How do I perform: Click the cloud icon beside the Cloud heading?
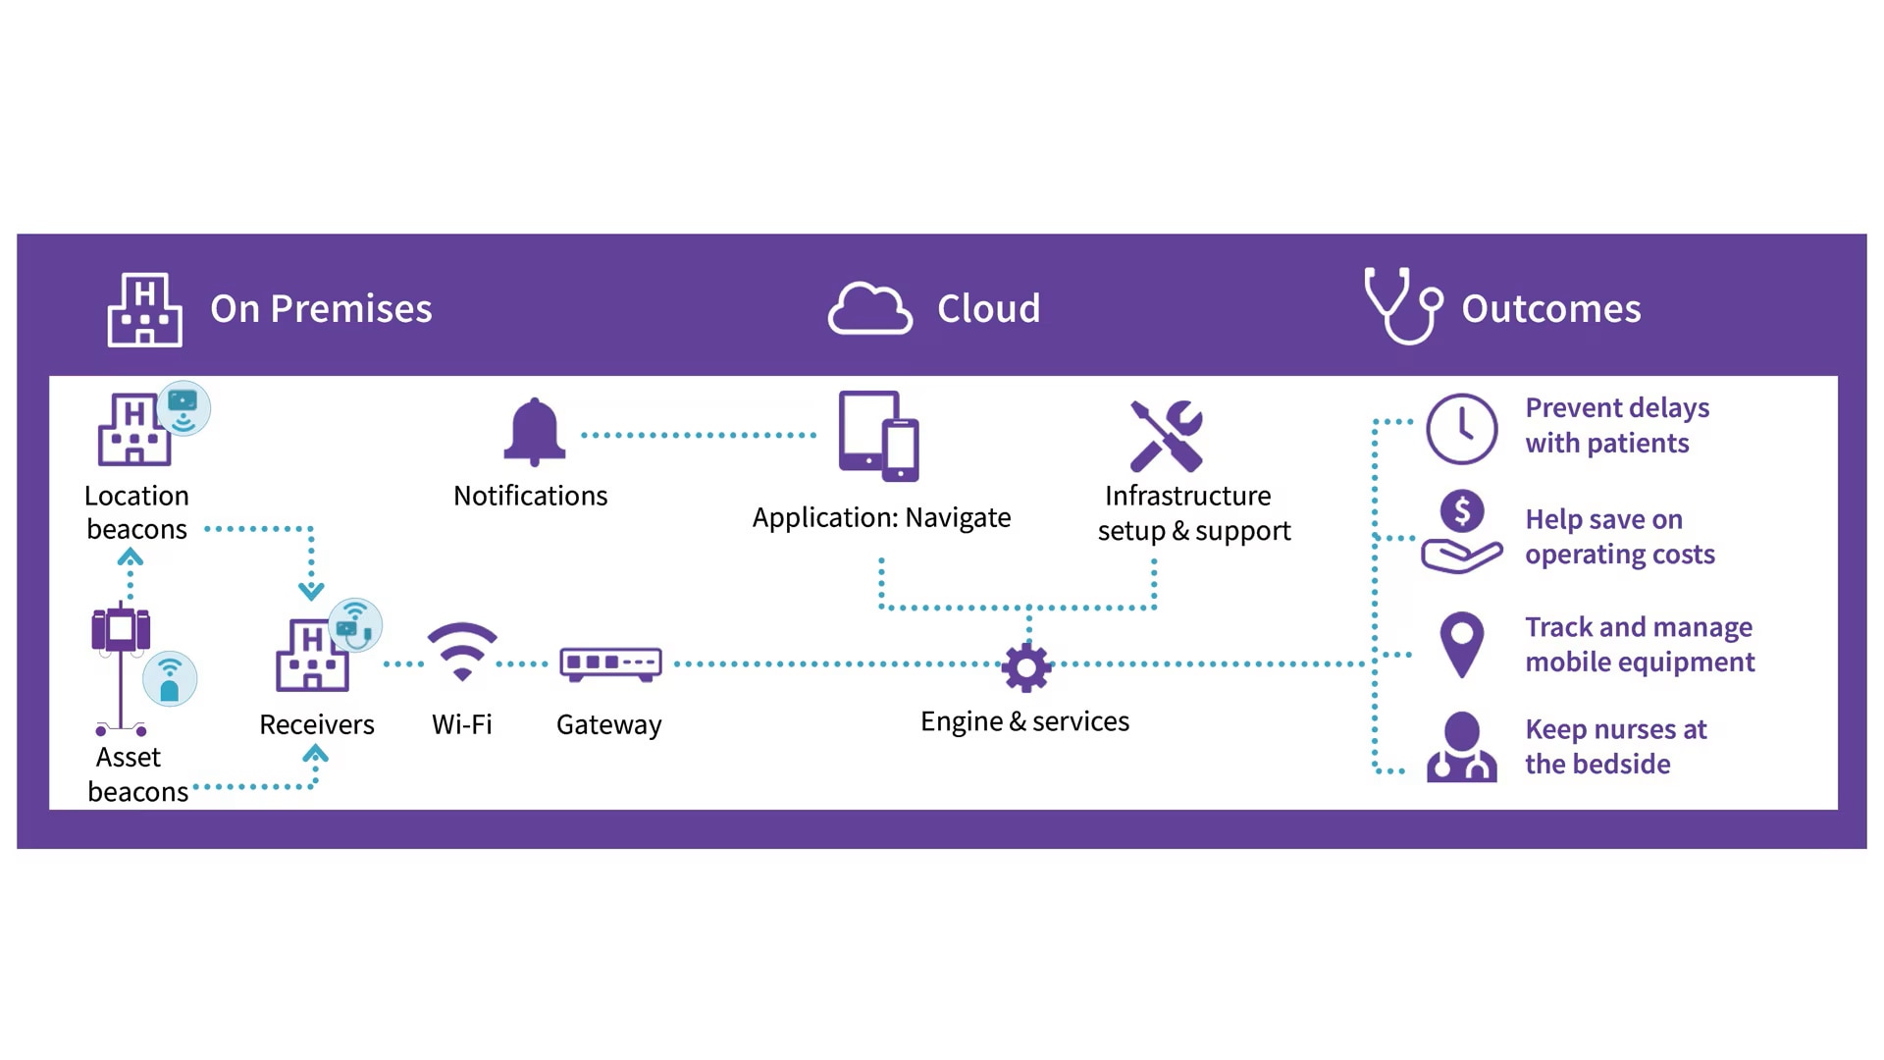pos(869,309)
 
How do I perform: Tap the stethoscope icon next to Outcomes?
pos(1403,305)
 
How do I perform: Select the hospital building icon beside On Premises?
pos(144,309)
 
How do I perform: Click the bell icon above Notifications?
pos(535,432)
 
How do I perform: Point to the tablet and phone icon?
pos(879,436)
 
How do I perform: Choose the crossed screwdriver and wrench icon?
pos(1166,436)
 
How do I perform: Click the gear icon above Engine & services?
pos(1026,667)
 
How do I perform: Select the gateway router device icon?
pos(610,663)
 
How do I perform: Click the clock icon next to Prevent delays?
pos(1461,429)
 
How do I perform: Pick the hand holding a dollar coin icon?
pos(1461,532)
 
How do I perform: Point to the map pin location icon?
pos(1461,644)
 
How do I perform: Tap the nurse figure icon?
pos(1461,747)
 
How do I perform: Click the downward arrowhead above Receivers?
pos(311,591)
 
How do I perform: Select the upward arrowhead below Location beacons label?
pos(131,558)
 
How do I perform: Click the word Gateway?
pos(608,725)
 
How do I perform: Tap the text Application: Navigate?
pos(881,517)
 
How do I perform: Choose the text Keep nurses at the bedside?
pos(1615,747)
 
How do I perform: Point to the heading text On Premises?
pos(321,309)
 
